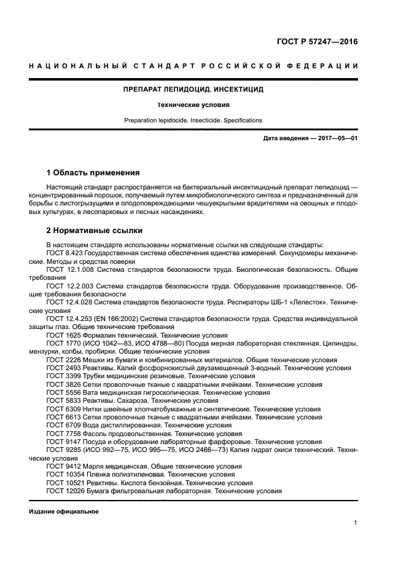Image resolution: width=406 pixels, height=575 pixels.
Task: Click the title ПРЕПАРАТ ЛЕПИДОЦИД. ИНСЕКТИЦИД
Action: tap(193, 89)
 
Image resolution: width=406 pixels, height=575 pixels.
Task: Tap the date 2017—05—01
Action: tap(338, 138)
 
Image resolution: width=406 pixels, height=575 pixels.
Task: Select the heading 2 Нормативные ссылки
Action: tap(95, 231)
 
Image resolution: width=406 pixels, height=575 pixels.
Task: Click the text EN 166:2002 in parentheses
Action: tap(116, 318)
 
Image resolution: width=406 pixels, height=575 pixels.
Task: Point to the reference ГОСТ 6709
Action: tap(60, 425)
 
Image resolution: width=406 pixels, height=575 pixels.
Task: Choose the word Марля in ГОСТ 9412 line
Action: tap(87, 466)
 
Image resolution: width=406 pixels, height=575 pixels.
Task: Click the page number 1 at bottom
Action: tap(356, 523)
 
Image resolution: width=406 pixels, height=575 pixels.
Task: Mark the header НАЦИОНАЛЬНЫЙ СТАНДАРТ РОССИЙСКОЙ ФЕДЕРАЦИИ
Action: tap(193, 66)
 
